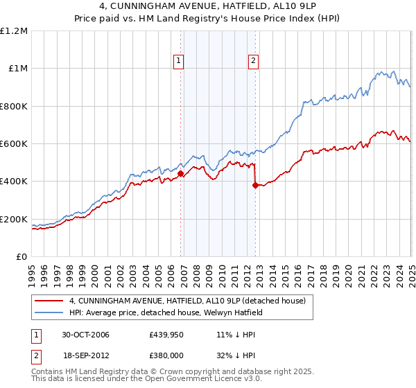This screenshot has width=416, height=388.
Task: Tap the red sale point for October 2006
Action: (x=181, y=174)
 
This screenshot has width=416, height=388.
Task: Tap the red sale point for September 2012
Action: (x=256, y=185)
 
